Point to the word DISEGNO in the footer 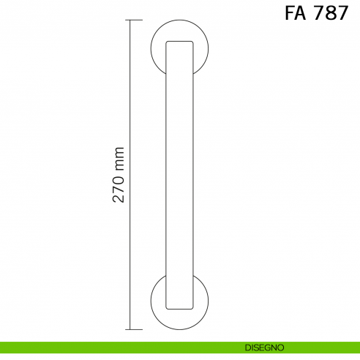click(265, 347)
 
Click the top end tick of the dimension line click(130, 20)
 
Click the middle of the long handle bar click(180, 176)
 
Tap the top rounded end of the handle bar click(180, 45)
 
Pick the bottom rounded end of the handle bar click(180, 304)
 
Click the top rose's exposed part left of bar click(158, 50)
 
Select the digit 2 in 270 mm click(120, 198)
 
